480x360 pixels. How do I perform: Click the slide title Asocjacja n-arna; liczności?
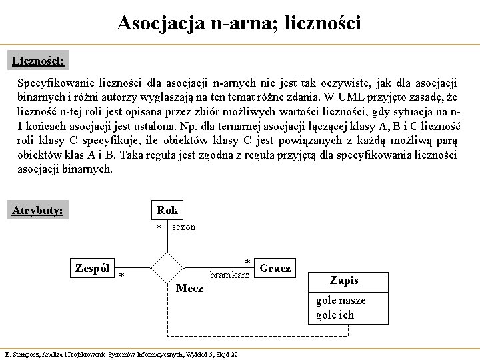[239, 23]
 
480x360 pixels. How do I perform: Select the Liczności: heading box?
[38, 61]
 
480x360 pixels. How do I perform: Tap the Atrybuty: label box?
[38, 211]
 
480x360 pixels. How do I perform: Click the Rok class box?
[167, 211]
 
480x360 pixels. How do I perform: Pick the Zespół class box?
[93, 268]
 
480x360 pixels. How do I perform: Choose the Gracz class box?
[275, 268]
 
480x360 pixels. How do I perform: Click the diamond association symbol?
[167, 268]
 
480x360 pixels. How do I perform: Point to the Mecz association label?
[189, 289]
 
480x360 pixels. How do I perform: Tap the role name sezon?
[184, 227]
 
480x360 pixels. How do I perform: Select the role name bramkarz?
[230, 275]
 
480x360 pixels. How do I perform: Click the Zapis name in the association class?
[344, 281]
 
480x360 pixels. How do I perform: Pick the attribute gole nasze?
[341, 301]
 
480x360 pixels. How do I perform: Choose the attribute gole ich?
[335, 315]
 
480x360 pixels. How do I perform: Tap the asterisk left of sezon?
[159, 229]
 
